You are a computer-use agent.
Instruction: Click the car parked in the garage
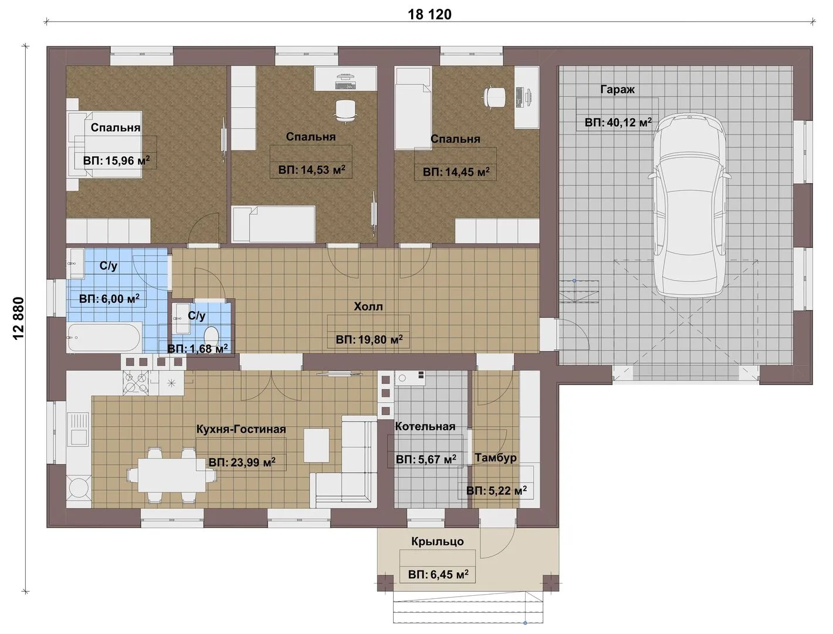(689, 205)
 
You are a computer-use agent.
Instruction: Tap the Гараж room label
(618, 90)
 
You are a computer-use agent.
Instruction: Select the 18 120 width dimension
(429, 15)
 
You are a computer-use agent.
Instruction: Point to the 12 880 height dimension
(19, 319)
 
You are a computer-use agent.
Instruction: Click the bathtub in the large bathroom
(105, 337)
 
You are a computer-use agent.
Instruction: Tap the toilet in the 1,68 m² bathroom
(211, 336)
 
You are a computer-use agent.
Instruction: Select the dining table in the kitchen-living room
(172, 475)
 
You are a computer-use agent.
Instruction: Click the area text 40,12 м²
(618, 122)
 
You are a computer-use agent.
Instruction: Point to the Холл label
(368, 306)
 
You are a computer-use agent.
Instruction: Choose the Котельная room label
(425, 426)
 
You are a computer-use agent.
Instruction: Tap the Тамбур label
(496, 458)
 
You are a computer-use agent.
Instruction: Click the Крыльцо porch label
(438, 541)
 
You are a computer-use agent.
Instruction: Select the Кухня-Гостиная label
(241, 429)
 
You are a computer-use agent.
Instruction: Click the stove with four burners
(136, 383)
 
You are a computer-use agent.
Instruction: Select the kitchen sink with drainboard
(78, 429)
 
